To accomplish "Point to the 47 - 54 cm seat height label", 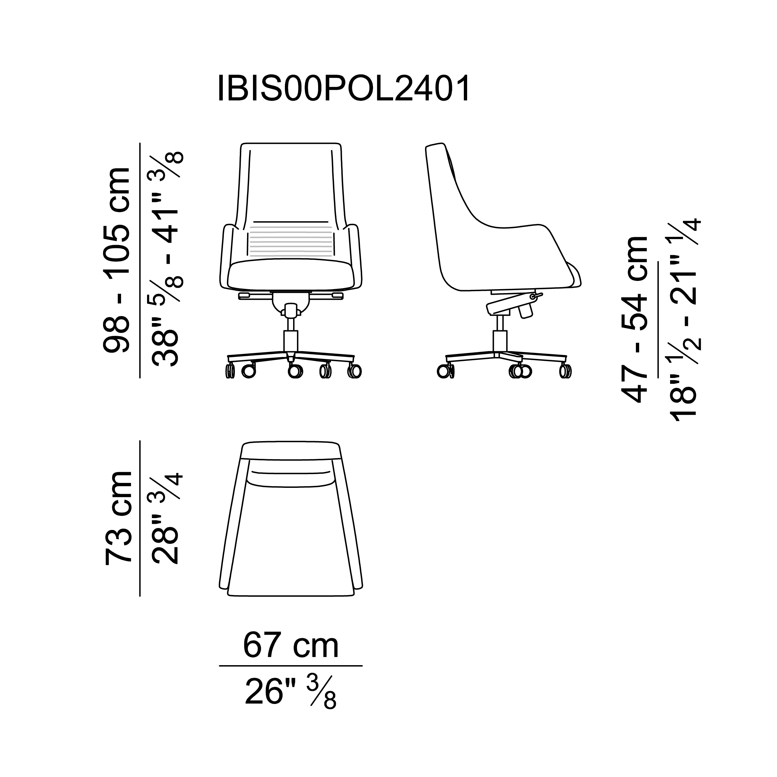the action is (x=635, y=319).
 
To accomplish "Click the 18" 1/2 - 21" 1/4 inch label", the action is (x=685, y=319).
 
